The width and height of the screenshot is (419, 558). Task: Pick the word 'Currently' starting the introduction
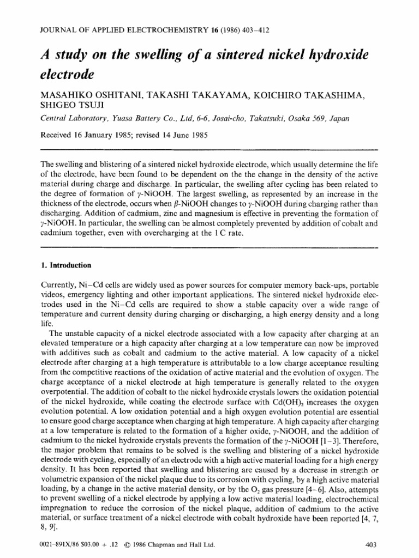click(x=59, y=287)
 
